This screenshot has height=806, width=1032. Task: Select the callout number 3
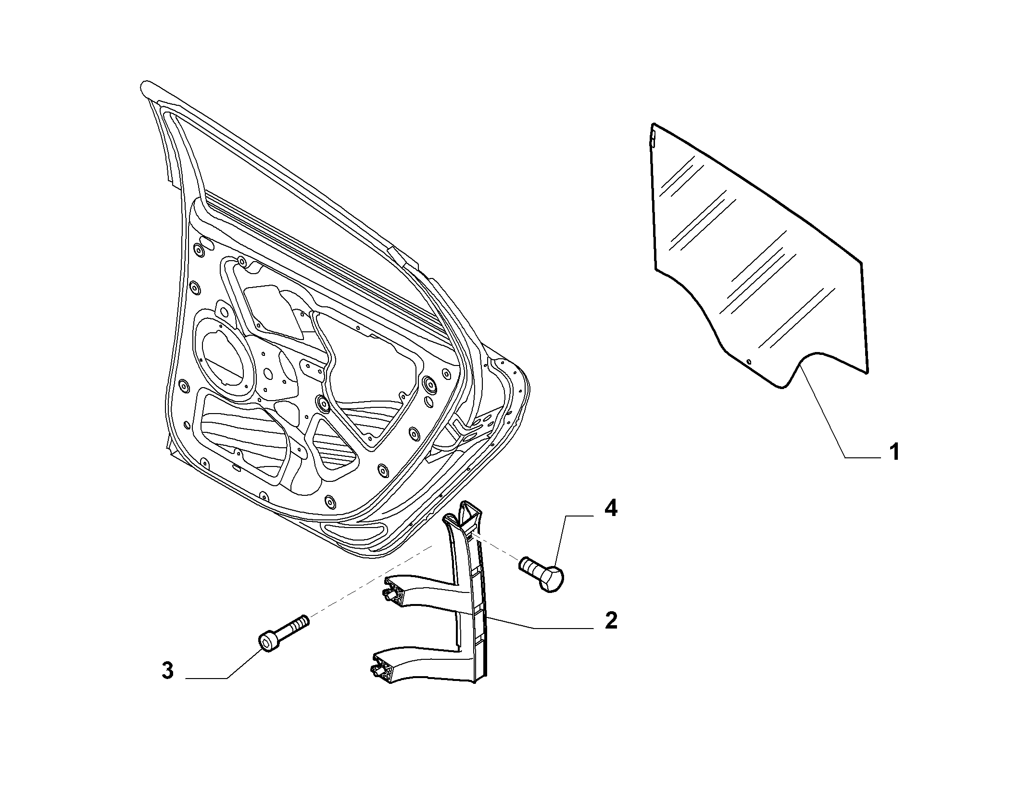coord(167,670)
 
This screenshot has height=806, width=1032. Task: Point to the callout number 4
coord(611,508)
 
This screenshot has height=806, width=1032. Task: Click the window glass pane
coord(760,255)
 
